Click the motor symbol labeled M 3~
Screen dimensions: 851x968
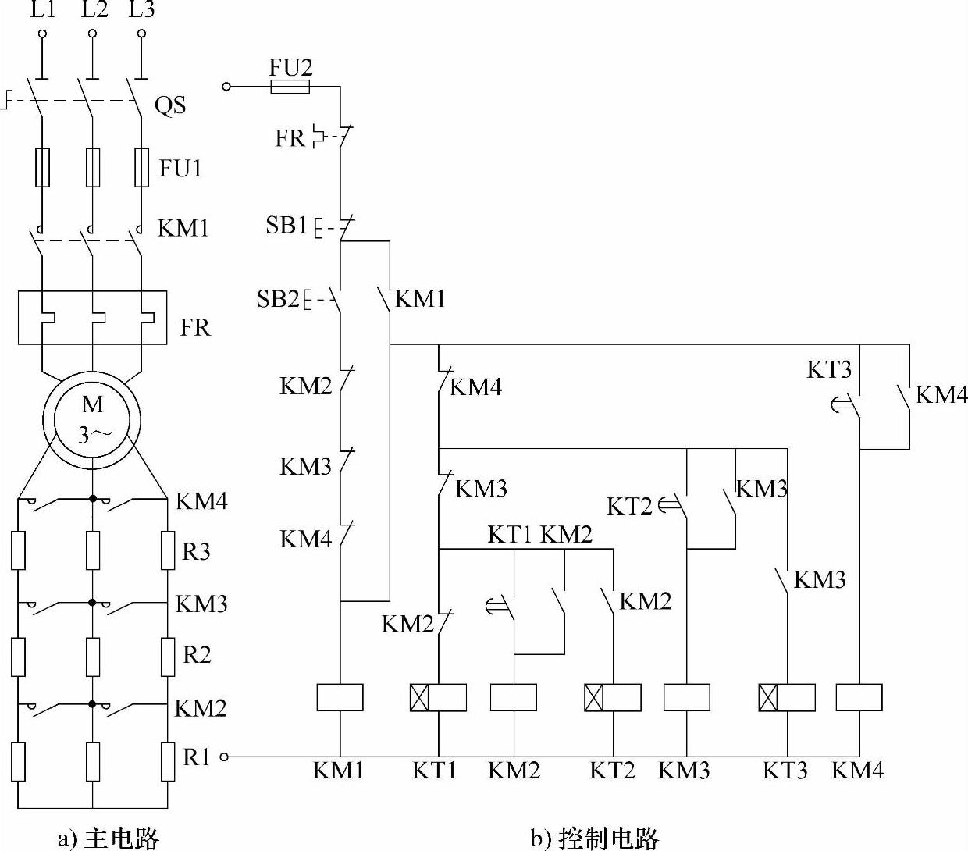click(x=92, y=419)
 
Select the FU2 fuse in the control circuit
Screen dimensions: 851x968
click(x=290, y=86)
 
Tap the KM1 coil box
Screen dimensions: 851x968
click(x=340, y=697)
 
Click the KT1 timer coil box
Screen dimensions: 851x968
click(x=438, y=697)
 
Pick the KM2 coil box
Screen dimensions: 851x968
click(x=514, y=697)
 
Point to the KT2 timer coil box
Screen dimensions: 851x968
click(x=613, y=697)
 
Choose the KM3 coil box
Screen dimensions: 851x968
click(x=687, y=697)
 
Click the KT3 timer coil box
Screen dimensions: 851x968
click(x=787, y=697)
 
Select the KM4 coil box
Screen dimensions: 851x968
click(x=859, y=697)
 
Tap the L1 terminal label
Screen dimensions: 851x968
click(x=42, y=10)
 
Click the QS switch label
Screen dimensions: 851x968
click(x=170, y=105)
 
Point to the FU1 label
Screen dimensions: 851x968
click(x=180, y=168)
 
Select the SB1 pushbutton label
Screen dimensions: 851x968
click(x=286, y=226)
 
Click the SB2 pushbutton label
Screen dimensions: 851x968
click(x=278, y=298)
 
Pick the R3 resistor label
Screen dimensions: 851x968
click(x=196, y=552)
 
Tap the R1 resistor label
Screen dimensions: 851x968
click(x=196, y=757)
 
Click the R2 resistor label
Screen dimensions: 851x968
click(x=197, y=654)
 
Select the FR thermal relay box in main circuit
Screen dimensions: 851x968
click(x=92, y=318)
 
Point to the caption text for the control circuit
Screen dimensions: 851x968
click(x=595, y=839)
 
